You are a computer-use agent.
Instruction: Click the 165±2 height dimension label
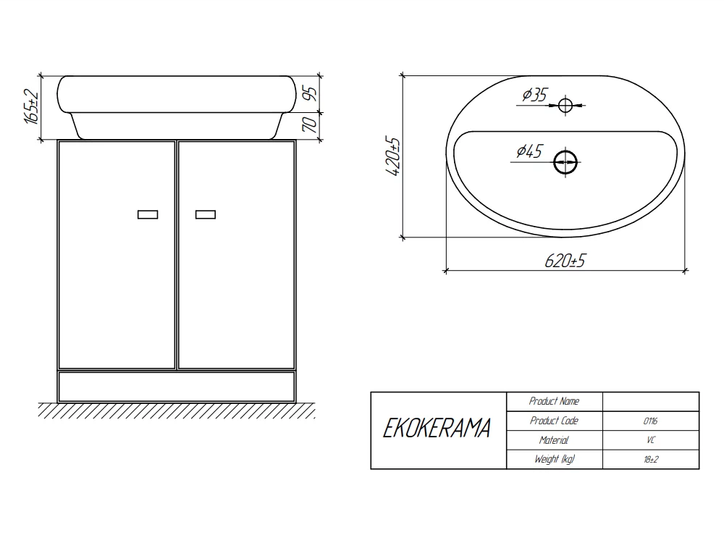point(31,106)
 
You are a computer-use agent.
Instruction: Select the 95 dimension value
point(311,93)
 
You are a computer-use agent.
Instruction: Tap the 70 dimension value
point(310,125)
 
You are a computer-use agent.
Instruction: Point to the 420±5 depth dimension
point(392,156)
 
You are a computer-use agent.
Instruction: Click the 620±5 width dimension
point(565,261)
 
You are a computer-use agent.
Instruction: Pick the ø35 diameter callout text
point(535,95)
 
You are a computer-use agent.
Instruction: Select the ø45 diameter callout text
point(530,151)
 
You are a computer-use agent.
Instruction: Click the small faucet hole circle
point(565,105)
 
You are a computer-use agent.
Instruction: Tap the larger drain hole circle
point(565,162)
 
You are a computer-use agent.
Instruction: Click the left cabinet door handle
point(148,214)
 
